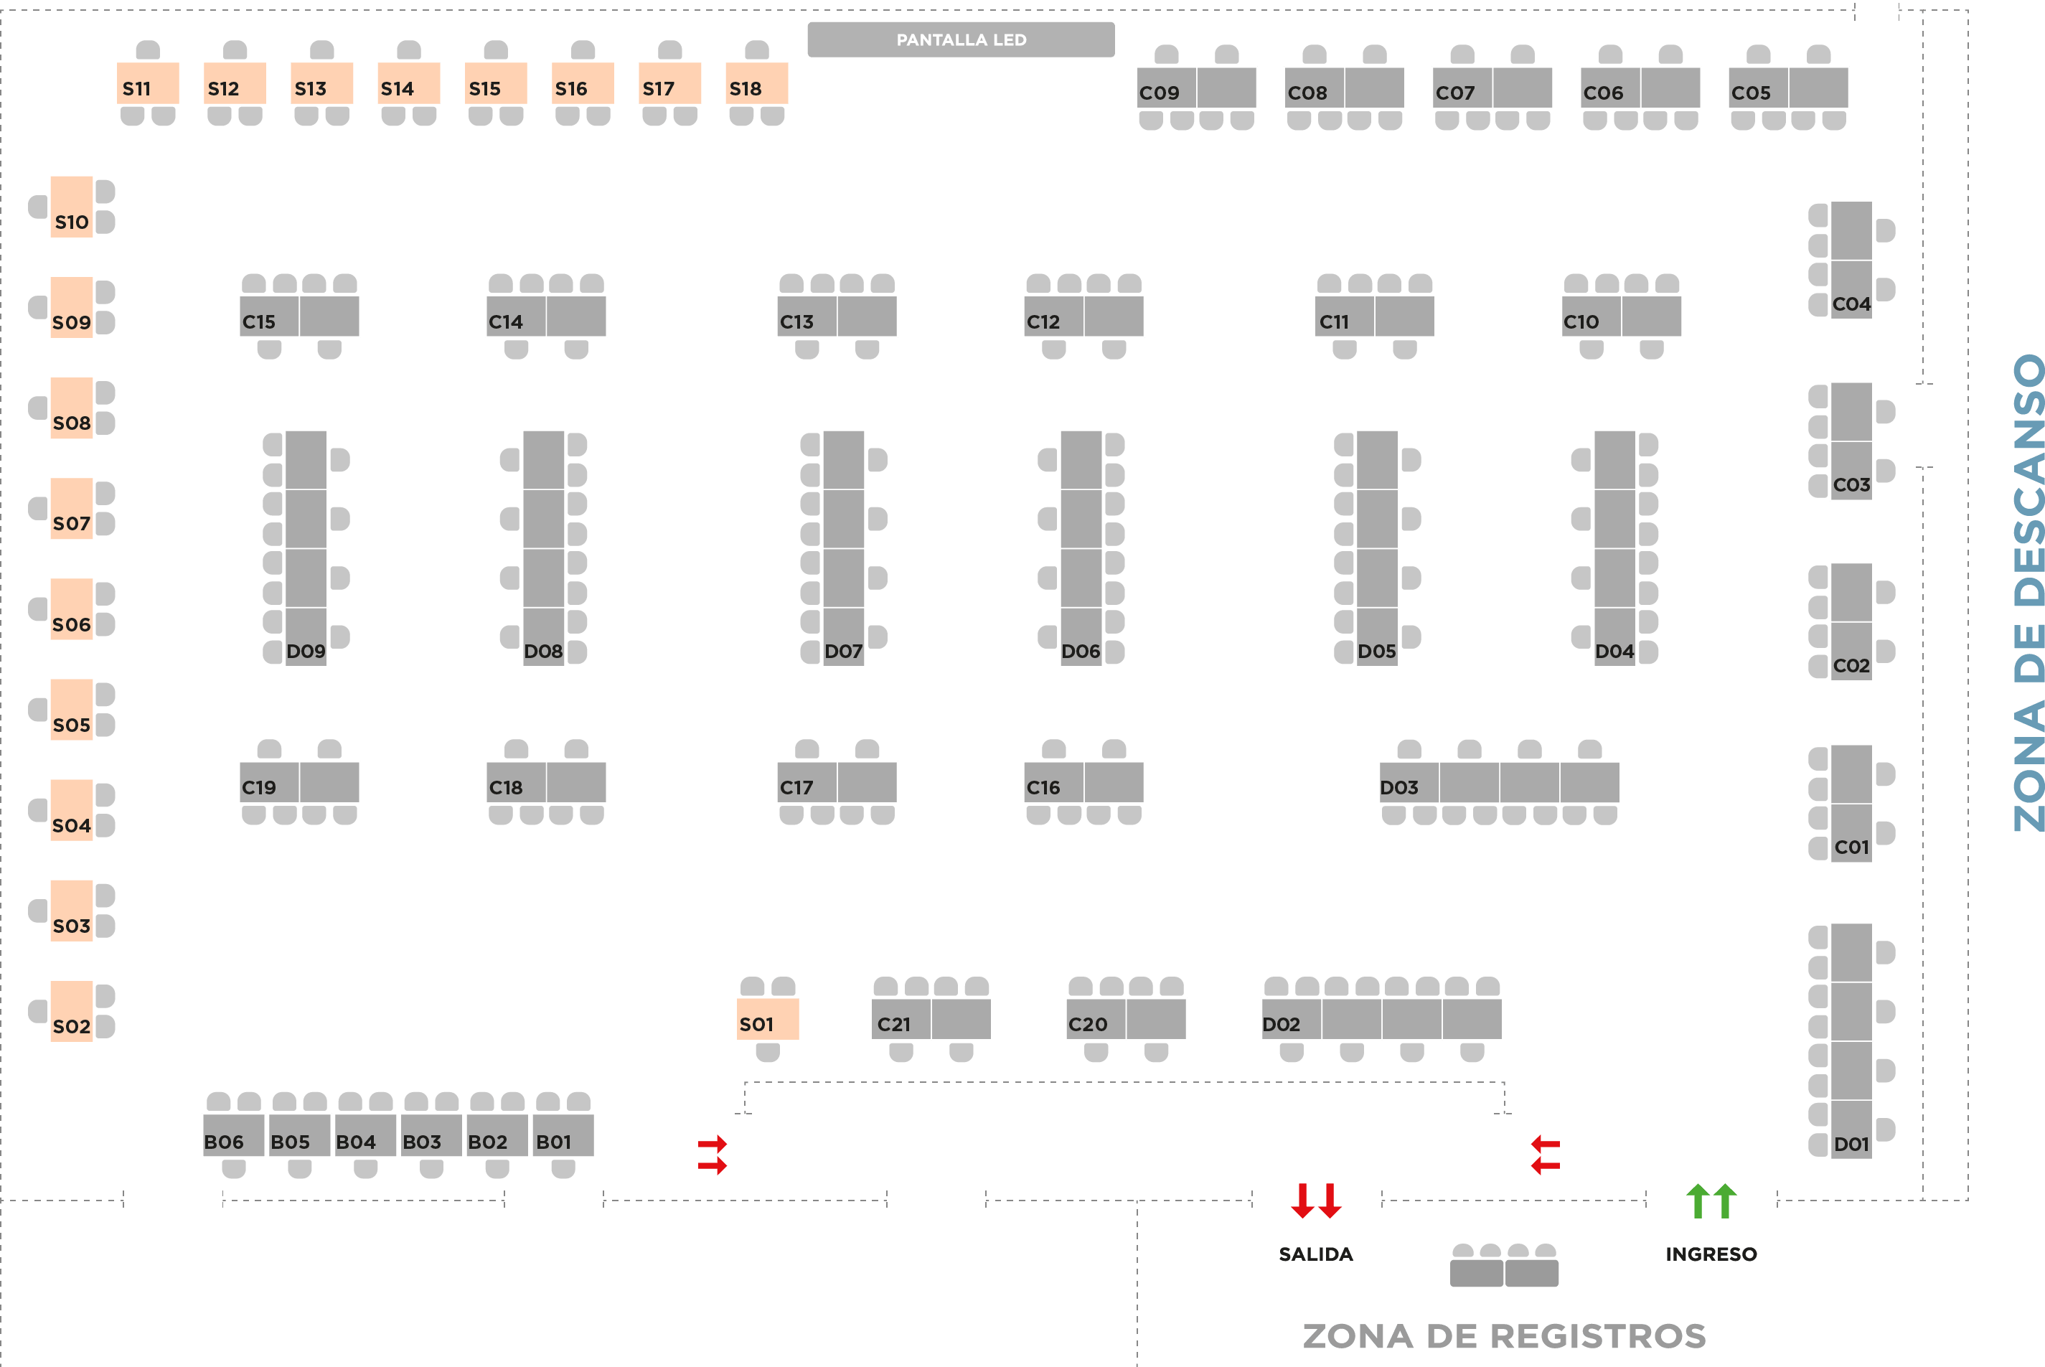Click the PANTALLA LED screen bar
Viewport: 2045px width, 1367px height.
pos(961,40)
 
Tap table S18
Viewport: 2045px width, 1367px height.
pos(756,84)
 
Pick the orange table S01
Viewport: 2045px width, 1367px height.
pos(767,1019)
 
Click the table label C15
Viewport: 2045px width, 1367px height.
pos(259,321)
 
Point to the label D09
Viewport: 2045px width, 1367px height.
pos(306,652)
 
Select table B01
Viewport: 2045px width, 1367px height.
pos(563,1136)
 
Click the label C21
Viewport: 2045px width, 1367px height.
pos(894,1025)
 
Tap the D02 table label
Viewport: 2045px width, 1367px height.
pos(1282,1025)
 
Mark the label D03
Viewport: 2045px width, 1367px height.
pos(1399,787)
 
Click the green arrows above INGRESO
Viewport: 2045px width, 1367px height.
pos(1711,1201)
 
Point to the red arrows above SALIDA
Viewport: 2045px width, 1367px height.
pos(1316,1201)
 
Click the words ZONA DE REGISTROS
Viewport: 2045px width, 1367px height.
pos(1504,1336)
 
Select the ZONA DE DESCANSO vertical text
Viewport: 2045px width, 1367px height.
pos(2028,593)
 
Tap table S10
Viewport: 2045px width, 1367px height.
pos(72,207)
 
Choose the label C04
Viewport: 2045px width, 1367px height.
pos(1851,304)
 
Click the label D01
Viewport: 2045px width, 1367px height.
pos(1851,1144)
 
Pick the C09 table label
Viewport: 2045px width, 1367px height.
pos(1160,93)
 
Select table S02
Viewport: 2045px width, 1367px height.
pos(72,1011)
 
